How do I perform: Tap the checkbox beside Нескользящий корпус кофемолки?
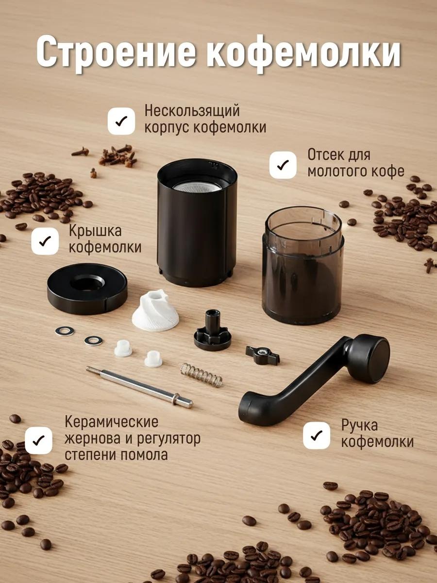pyautogui.click(x=121, y=121)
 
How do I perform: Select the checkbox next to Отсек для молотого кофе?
pyautogui.click(x=283, y=165)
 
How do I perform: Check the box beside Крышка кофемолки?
pyautogui.click(x=45, y=241)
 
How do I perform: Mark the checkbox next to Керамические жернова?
pyautogui.click(x=38, y=441)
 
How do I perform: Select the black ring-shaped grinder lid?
pyautogui.click(x=87, y=288)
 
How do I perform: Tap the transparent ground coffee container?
pyautogui.click(x=303, y=265)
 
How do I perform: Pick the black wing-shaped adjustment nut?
pyautogui.click(x=262, y=355)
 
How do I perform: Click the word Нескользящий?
pyautogui.click(x=192, y=111)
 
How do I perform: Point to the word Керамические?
pyautogui.click(x=112, y=422)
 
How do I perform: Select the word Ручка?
pyautogui.click(x=359, y=426)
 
